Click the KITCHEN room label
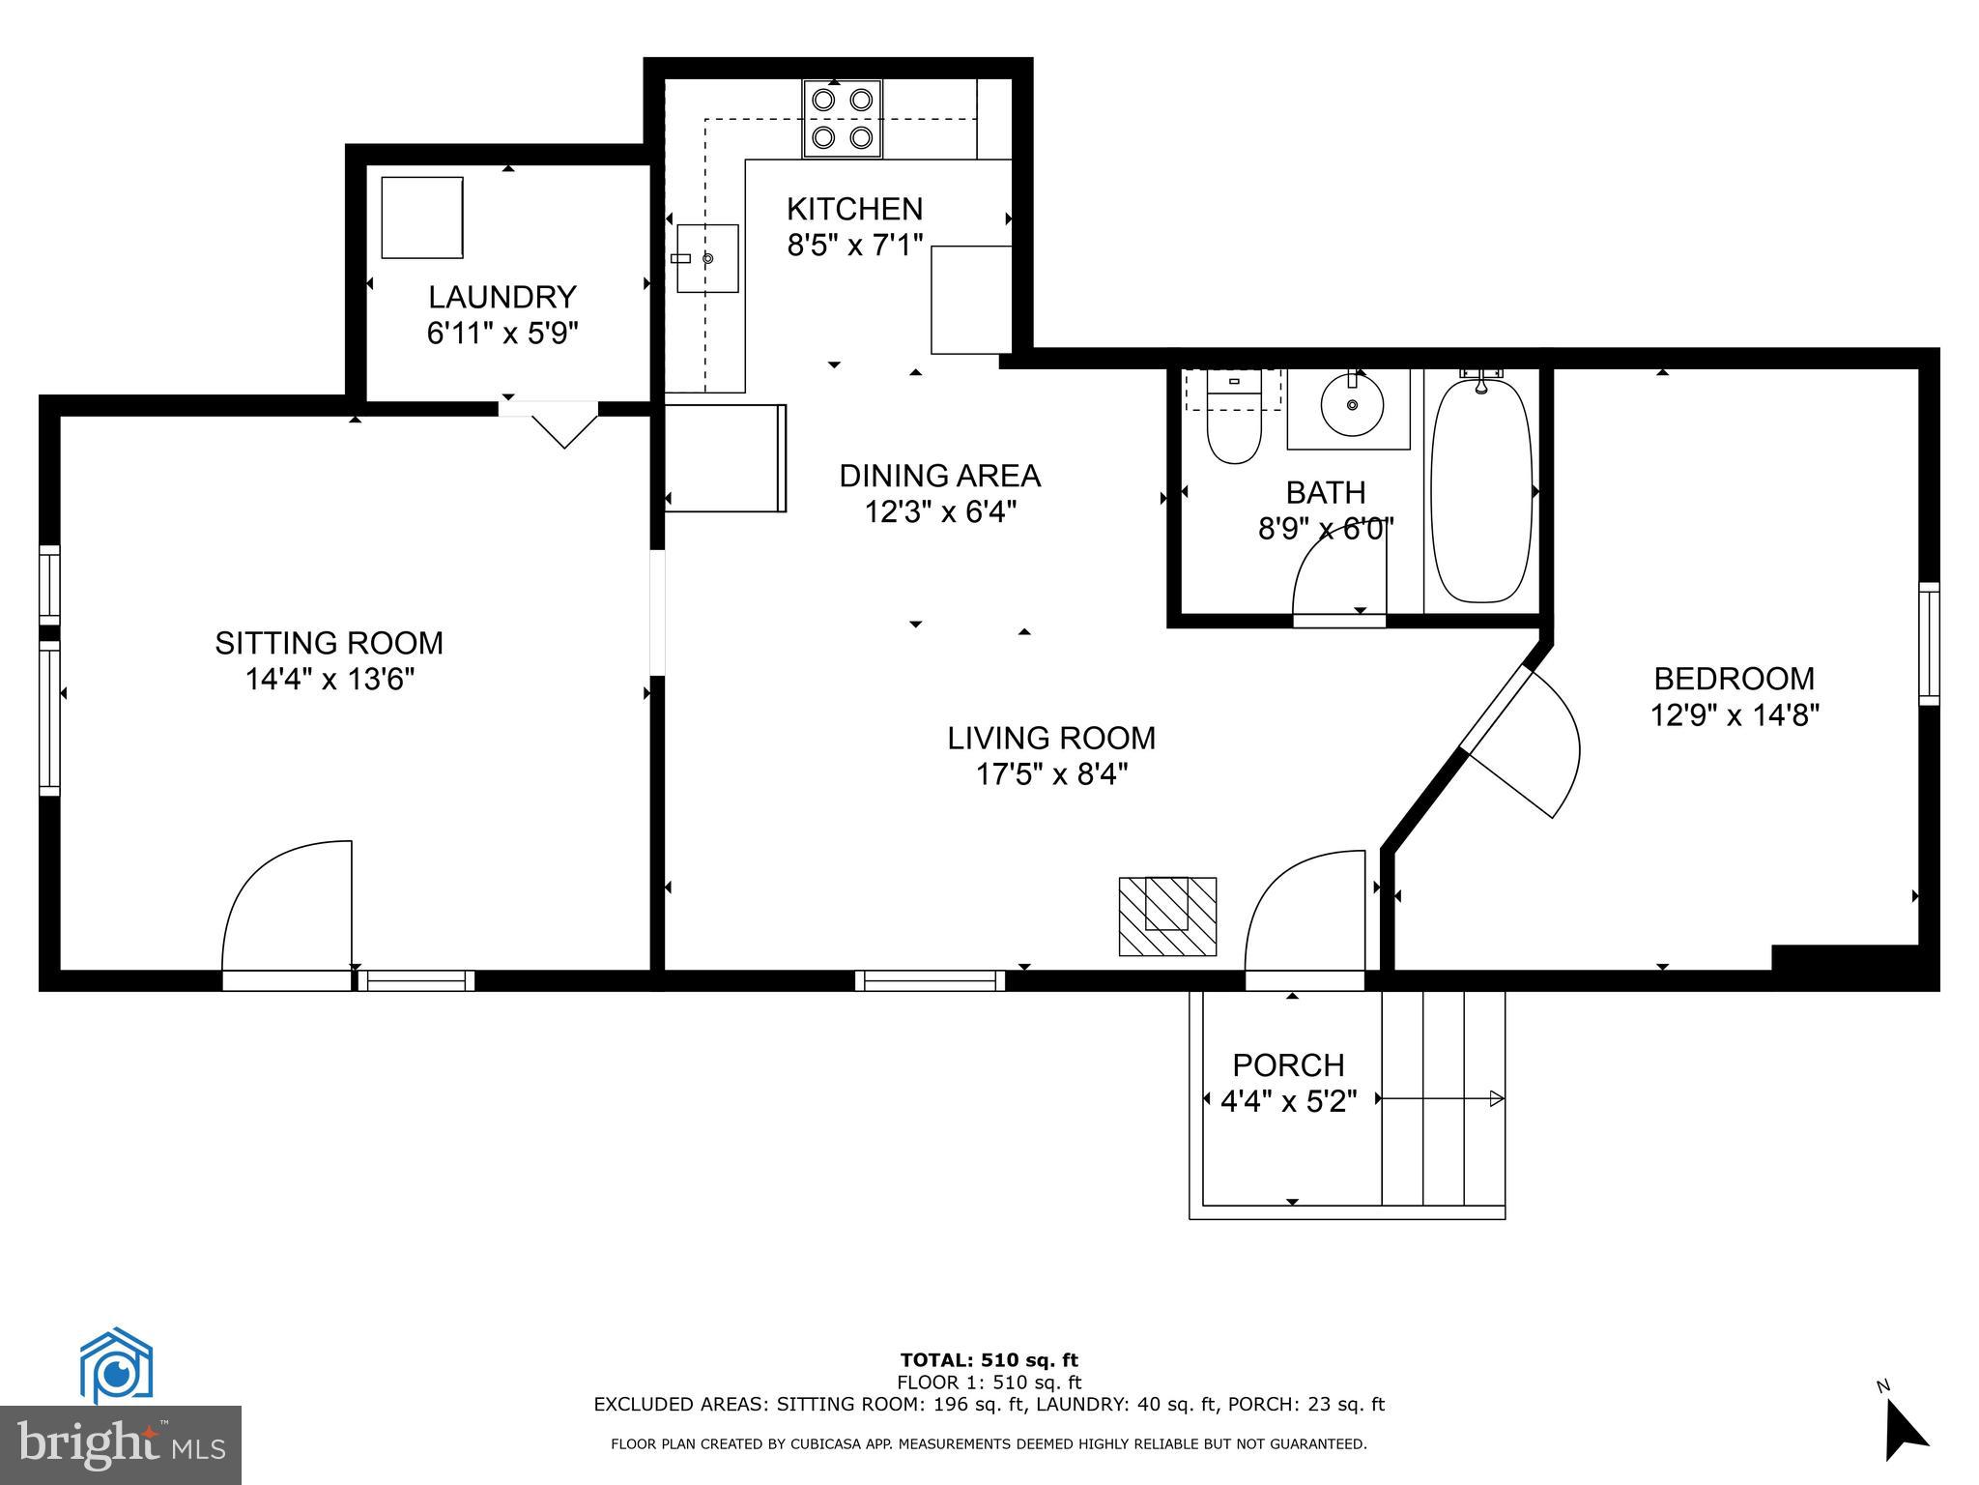click(x=854, y=209)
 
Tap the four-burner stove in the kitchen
click(x=842, y=119)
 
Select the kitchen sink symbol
click(x=707, y=258)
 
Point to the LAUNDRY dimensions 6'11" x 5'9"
click(x=502, y=334)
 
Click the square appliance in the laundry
click(x=422, y=218)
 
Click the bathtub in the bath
click(x=1481, y=491)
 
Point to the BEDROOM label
click(x=1735, y=678)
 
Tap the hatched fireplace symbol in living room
click(x=1167, y=916)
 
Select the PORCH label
click(x=1288, y=1065)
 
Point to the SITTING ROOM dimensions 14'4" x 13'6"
click(x=330, y=680)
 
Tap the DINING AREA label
click(x=939, y=476)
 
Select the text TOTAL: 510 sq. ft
click(x=989, y=1361)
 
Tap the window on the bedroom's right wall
click(x=1929, y=644)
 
